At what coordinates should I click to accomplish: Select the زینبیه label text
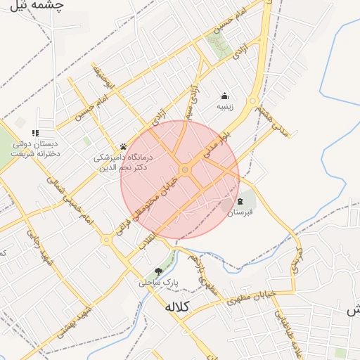(x=224, y=108)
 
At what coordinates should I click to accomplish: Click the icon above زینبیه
(x=224, y=96)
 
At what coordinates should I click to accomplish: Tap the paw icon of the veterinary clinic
(x=123, y=147)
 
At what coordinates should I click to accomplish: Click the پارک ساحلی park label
(x=157, y=282)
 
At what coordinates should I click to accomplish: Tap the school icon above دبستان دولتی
(x=35, y=132)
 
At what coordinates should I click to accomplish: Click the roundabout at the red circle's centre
(x=185, y=169)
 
